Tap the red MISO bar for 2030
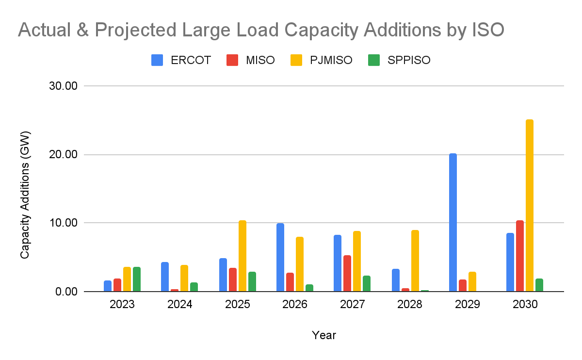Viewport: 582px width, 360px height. tap(520, 256)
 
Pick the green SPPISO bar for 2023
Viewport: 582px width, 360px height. tap(137, 279)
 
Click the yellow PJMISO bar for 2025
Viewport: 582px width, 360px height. tap(242, 256)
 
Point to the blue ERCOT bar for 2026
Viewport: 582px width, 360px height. tap(280, 257)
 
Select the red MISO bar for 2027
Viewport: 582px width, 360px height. tap(347, 273)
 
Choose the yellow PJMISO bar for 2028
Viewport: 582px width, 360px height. tap(415, 261)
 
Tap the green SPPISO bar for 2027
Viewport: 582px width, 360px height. tap(367, 283)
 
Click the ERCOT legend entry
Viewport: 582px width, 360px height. tap(181, 60)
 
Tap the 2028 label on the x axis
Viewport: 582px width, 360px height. tap(410, 305)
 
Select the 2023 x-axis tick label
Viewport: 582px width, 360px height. tap(122, 305)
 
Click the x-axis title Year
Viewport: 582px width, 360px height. tap(323, 335)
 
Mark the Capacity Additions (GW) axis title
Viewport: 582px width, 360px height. tap(25, 194)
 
